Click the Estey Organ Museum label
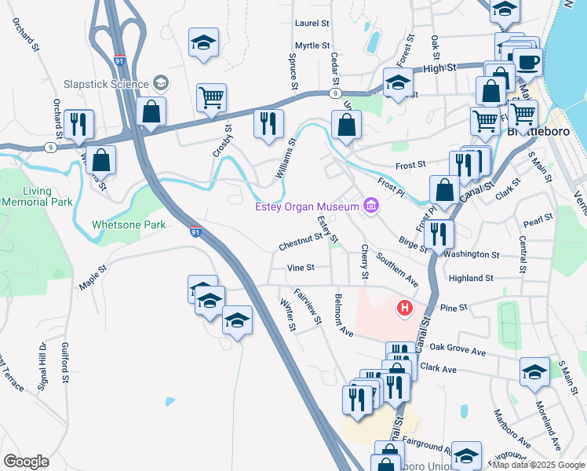pyautogui.click(x=307, y=207)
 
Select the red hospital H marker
pyautogui.click(x=405, y=309)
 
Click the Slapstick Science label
pyautogui.click(x=108, y=83)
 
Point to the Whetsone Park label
pyautogui.click(x=129, y=225)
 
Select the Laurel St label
pyautogui.click(x=312, y=24)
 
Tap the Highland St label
pyautogui.click(x=471, y=278)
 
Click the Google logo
pyautogui.click(x=26, y=462)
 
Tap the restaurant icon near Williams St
pyautogui.click(x=268, y=124)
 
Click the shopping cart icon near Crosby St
pyautogui.click(x=211, y=97)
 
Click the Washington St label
pyautogui.click(x=471, y=255)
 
